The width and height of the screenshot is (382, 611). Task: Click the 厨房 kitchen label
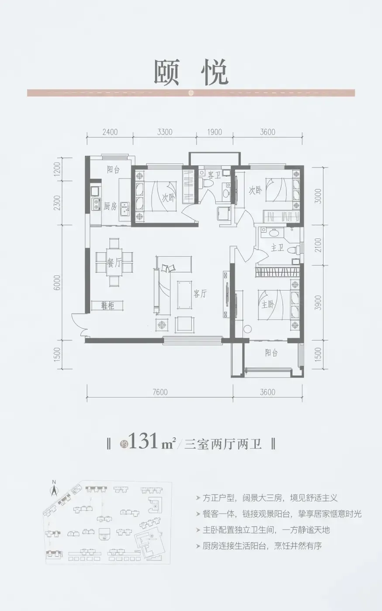coord(110,206)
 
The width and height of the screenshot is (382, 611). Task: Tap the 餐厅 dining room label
coord(114,263)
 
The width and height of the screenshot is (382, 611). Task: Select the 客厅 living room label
coord(200,294)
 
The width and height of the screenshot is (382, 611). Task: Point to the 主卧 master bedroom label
coord(268,305)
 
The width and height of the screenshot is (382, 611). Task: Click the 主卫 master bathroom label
coord(277,248)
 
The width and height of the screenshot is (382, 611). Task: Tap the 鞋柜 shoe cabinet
coord(107,306)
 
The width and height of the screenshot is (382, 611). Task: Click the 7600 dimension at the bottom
coord(160,392)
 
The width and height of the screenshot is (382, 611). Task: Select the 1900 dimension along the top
coord(214,132)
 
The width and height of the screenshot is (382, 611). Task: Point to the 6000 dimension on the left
coord(57,283)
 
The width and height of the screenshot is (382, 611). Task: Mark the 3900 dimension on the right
coord(318,303)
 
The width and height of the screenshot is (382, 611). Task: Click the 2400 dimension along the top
coord(110,132)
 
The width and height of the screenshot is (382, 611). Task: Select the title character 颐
coord(166,72)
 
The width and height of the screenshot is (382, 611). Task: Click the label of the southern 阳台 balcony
coord(271,353)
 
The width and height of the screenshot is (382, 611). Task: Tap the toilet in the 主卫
coord(295,249)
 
